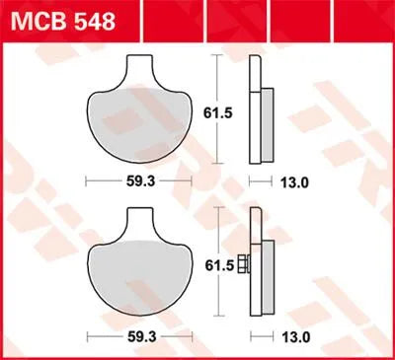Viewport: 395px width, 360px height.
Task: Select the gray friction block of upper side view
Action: [x=268, y=124]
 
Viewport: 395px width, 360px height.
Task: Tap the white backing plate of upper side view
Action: [x=256, y=108]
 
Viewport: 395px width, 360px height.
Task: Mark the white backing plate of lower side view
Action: [x=256, y=261]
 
